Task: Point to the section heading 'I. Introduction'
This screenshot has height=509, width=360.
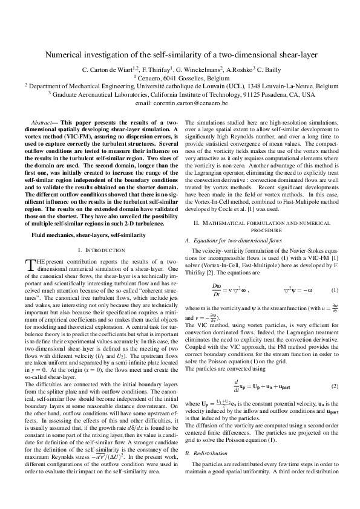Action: pos(96,250)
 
